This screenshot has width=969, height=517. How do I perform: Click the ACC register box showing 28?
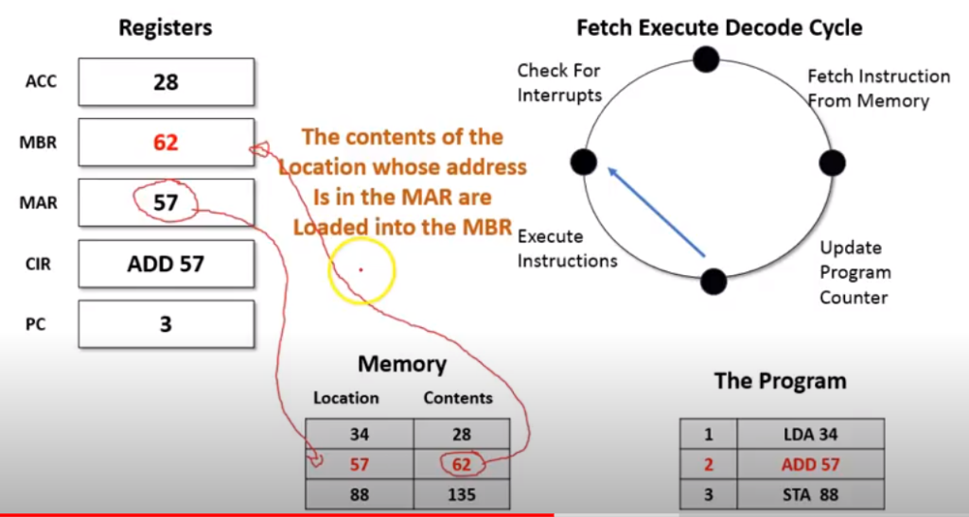(166, 82)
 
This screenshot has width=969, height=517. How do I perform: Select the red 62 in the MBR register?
(166, 143)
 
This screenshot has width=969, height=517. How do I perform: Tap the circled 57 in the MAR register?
(166, 201)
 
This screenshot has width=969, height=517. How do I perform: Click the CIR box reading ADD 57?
(166, 264)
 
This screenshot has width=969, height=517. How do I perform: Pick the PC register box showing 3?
(166, 324)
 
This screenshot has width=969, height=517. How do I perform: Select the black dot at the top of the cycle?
(706, 60)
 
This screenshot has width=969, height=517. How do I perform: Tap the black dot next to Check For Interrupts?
(584, 162)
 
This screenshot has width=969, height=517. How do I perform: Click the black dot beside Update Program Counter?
(714, 281)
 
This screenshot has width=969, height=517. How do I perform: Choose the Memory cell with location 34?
(359, 434)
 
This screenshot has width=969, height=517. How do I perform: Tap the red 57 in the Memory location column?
(359, 464)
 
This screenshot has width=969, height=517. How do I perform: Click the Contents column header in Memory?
(458, 398)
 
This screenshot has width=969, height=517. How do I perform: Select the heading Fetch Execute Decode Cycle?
(719, 27)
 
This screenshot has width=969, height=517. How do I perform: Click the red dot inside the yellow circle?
(361, 270)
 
